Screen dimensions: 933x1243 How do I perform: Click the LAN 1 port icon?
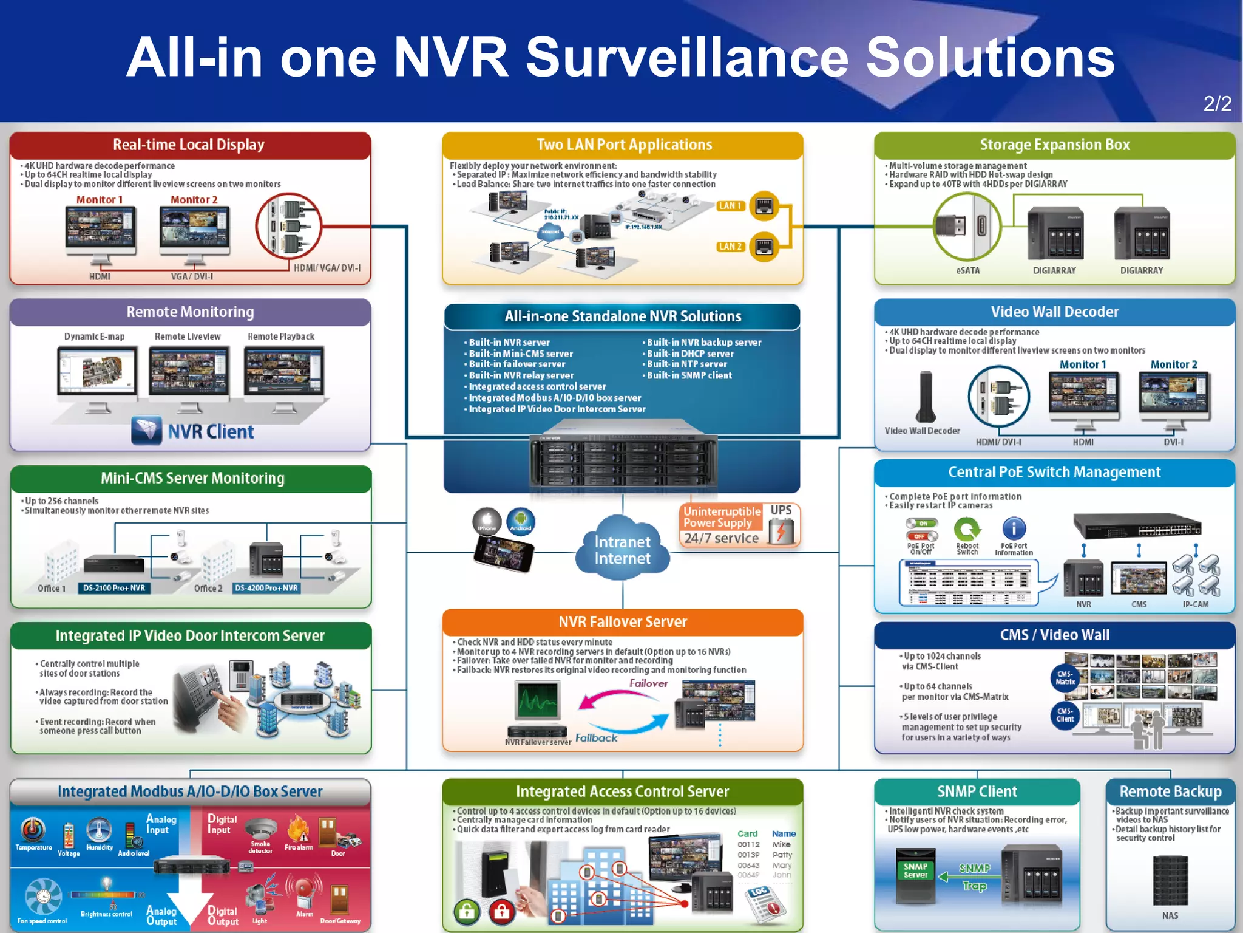pos(764,206)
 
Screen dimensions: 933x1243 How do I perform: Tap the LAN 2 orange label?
pos(730,247)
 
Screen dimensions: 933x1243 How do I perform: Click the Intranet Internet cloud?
pos(622,549)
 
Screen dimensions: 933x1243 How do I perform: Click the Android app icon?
pos(520,521)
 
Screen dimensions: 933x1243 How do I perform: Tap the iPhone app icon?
pos(487,521)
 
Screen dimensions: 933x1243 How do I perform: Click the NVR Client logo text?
pos(211,432)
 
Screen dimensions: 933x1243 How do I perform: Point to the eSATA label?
pos(967,270)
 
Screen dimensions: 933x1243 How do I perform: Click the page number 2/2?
pos(1217,103)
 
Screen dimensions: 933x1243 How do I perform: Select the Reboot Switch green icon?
pos(967,529)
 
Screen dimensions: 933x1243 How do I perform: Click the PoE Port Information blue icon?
pos(1014,528)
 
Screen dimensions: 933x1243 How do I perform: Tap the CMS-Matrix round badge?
pos(1065,677)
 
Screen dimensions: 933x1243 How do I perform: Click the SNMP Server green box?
pos(915,870)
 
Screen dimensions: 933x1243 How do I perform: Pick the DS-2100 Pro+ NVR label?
pos(114,588)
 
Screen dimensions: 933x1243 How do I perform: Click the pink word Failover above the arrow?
pos(648,683)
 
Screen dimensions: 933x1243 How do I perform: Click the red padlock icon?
pos(501,911)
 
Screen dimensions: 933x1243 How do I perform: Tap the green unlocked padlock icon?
pos(467,911)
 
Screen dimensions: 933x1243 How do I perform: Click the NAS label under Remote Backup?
pos(1170,915)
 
